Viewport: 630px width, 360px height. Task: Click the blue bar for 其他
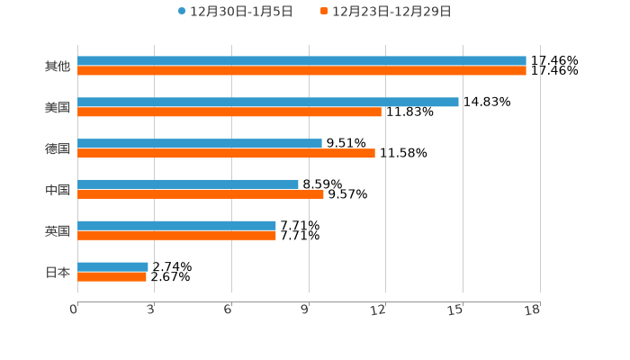click(301, 61)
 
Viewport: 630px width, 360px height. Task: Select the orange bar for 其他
click(301, 71)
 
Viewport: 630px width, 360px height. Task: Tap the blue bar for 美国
click(268, 103)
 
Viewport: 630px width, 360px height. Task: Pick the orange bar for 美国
click(229, 112)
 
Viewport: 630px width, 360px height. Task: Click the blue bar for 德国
click(200, 144)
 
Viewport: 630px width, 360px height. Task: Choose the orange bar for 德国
click(226, 154)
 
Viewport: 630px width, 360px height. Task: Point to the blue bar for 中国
click(188, 184)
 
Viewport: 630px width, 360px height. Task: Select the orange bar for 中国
click(201, 194)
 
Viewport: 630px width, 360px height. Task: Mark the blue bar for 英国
click(176, 226)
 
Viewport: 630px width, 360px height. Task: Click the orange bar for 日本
click(112, 277)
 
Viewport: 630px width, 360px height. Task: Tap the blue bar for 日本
click(112, 267)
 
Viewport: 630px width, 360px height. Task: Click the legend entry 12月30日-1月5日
click(229, 12)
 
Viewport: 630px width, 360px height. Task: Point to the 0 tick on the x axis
click(75, 310)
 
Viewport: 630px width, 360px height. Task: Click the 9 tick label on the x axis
click(305, 310)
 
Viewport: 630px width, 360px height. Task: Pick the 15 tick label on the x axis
click(456, 310)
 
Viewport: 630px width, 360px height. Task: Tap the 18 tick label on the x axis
click(533, 310)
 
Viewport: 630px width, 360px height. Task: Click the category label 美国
click(58, 108)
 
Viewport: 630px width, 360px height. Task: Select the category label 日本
click(58, 272)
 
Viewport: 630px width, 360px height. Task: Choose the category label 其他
click(58, 67)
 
